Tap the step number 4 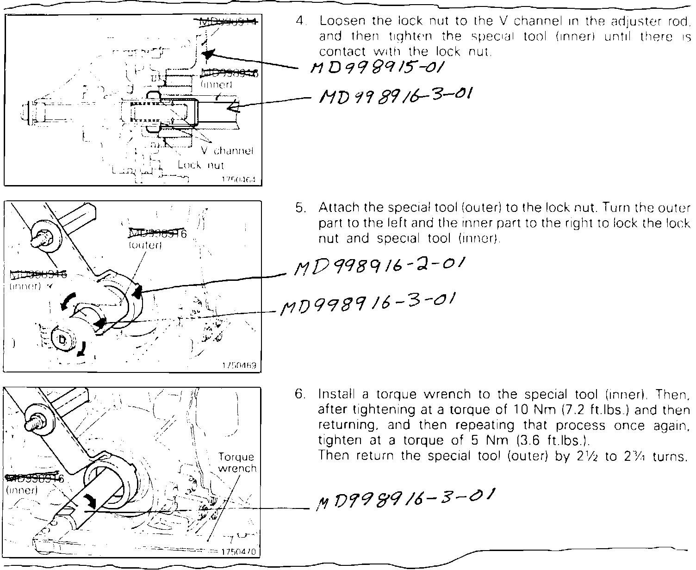(301, 21)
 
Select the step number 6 (301, 394)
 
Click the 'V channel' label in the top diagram (228, 151)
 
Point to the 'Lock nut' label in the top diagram (201, 165)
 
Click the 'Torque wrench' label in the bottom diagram (236, 463)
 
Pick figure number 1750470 (239, 552)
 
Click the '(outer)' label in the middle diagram (145, 246)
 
